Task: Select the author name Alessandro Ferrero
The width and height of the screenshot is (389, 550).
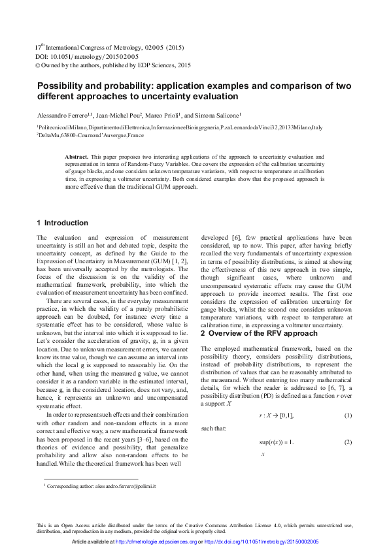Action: coord(62,113)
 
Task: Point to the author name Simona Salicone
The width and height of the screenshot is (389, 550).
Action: coord(216,113)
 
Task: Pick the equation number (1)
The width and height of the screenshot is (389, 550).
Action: coord(348,416)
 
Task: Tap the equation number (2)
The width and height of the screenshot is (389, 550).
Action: coord(348,442)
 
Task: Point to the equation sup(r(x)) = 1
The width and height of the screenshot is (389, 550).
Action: coord(277,442)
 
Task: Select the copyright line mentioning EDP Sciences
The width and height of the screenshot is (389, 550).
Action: coord(112,65)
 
